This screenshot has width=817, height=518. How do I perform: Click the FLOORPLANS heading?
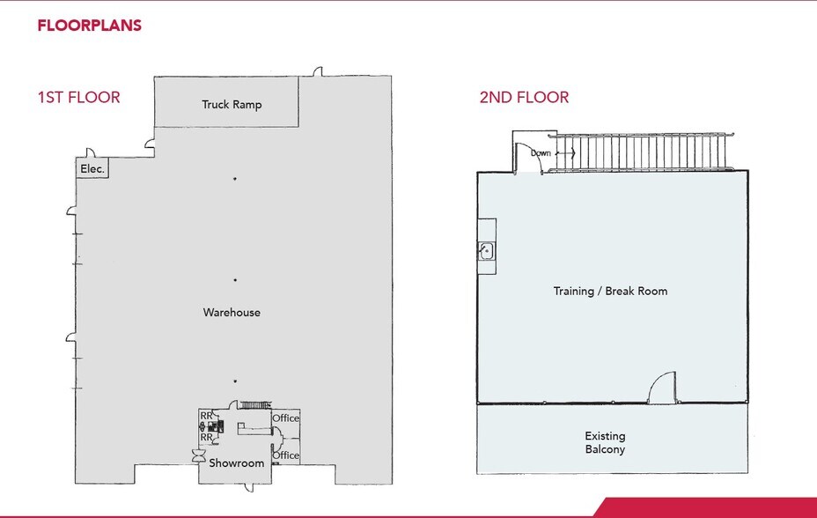pyautogui.click(x=89, y=26)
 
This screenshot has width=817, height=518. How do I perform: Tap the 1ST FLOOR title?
pyautogui.click(x=78, y=97)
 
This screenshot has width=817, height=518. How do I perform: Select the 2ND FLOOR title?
pyautogui.click(x=524, y=97)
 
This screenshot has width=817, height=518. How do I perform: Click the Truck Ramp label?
pyautogui.click(x=232, y=105)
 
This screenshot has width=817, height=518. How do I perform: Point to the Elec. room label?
pyautogui.click(x=92, y=167)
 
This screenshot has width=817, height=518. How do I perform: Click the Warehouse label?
pyautogui.click(x=232, y=313)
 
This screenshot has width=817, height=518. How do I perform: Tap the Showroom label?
pyautogui.click(x=236, y=463)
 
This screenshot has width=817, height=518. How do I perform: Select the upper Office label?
pyautogui.click(x=285, y=418)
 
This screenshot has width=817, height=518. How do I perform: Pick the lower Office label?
pyautogui.click(x=285, y=455)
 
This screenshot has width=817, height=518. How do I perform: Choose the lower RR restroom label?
pyautogui.click(x=204, y=437)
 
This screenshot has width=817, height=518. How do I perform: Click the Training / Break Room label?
pyautogui.click(x=610, y=291)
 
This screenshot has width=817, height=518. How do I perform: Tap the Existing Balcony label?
pyautogui.click(x=605, y=442)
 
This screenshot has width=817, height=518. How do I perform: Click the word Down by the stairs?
pyautogui.click(x=541, y=153)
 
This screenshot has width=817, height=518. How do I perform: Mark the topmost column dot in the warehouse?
pyautogui.click(x=235, y=179)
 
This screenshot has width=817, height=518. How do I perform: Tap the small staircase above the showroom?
pyautogui.click(x=255, y=404)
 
